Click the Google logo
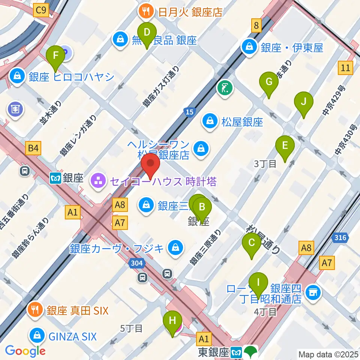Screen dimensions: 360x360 pos(25,351)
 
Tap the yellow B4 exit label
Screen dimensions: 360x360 pos(33,148)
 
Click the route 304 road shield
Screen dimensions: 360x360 pos(137,263)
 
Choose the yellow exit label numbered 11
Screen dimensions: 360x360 pos(346,68)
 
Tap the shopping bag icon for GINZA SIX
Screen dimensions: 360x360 pos(37,335)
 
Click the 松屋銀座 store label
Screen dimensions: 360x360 pos(241,121)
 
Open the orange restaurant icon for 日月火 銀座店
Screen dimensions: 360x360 pos(145,12)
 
